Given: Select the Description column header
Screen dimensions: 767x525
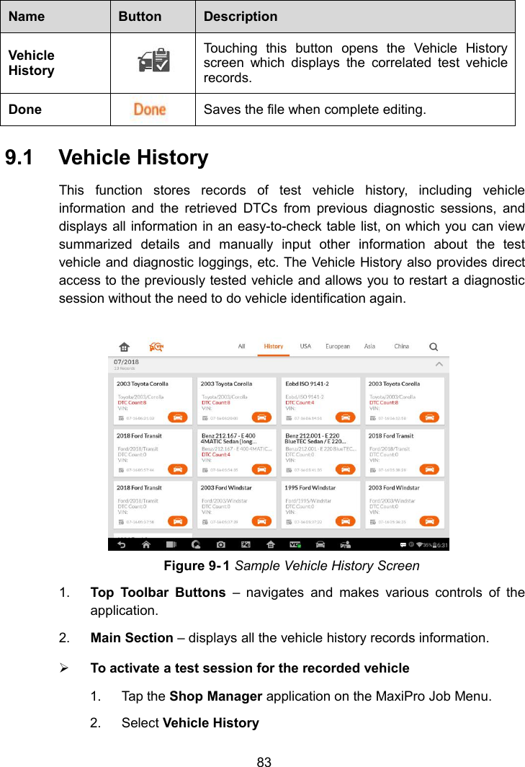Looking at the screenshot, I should pos(240,16).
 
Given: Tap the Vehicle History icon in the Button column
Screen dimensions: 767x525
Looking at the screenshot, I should pos(153,63).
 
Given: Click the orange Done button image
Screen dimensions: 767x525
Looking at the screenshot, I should pos(150,110).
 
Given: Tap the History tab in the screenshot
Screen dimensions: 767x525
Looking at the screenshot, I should pos(274,347).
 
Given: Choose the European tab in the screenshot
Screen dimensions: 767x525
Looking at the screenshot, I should pos(338,347).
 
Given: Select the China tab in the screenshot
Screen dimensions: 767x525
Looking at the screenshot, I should pos(401,347).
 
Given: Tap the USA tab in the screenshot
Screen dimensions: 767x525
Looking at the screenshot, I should pos(305,347).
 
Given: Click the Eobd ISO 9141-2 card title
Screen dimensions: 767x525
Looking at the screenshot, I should pos(308,383).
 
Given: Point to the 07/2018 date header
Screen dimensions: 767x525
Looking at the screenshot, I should pos(126,362).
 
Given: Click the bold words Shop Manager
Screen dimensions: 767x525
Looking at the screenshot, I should pos(215,696).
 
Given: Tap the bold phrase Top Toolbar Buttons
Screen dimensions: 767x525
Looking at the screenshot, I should pos(158,593).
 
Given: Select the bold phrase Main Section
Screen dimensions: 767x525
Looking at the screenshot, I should pos(131,638).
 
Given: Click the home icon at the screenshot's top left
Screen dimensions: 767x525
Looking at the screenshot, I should pos(125,347).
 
